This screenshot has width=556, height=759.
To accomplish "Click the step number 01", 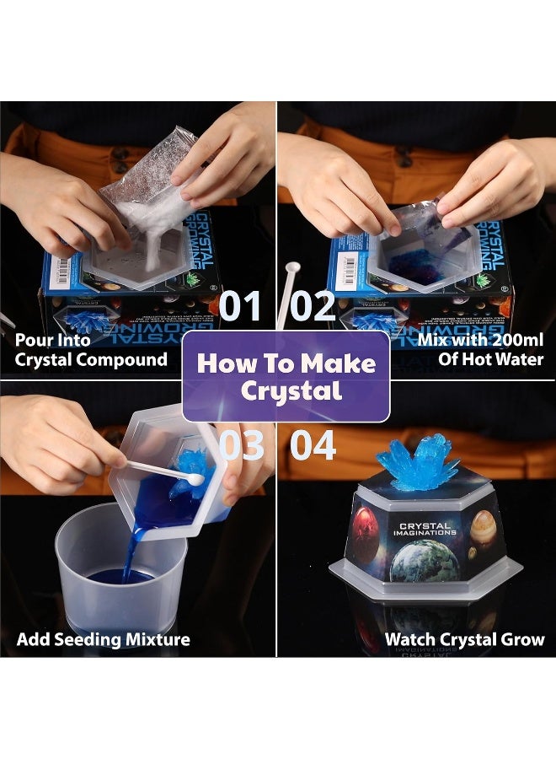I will (241, 306).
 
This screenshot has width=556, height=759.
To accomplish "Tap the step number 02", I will (313, 306).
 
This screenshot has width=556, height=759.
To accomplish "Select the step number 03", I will (241, 444).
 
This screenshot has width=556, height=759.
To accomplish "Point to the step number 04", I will (313, 444).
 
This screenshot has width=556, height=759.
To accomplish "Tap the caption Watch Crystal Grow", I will (464, 639).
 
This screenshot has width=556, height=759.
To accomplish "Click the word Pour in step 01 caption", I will (35, 340).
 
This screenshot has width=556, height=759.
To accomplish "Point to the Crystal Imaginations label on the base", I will (425, 530).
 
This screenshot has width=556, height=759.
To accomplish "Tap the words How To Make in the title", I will (286, 363).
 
